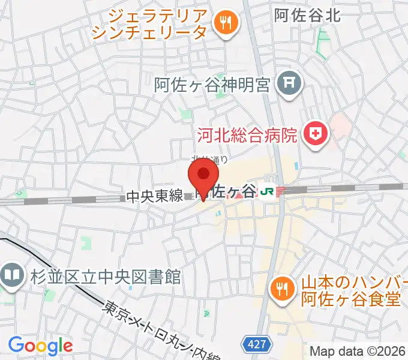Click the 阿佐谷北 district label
(x=307, y=16)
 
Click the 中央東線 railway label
(x=154, y=196)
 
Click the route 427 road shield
(x=254, y=344)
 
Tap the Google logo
(x=40, y=345)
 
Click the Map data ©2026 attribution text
(x=358, y=352)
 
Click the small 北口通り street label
(x=209, y=159)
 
